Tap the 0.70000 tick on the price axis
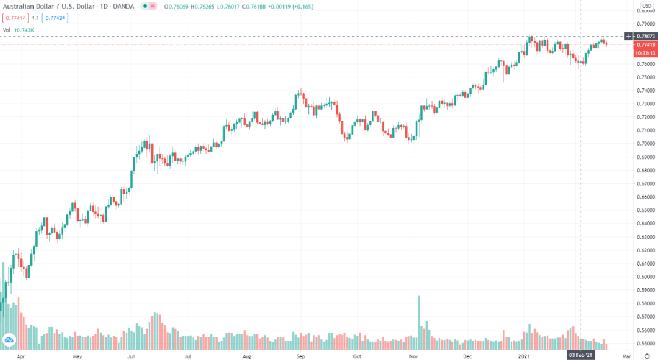pyautogui.click(x=645, y=144)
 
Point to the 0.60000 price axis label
pyautogui.click(x=645, y=277)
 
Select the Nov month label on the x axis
pyautogui.click(x=412, y=355)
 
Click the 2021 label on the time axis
pyautogui.click(x=525, y=355)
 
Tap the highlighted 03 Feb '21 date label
pyautogui.click(x=580, y=355)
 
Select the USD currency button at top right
pyautogui.click(x=646, y=5)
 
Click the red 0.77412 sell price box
pyautogui.click(x=15, y=18)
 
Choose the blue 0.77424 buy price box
pyautogui.click(x=55, y=18)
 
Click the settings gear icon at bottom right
pyautogui.click(x=646, y=355)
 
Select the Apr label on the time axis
pyautogui.click(x=21, y=355)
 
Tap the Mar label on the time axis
pyautogui.click(x=626, y=355)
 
